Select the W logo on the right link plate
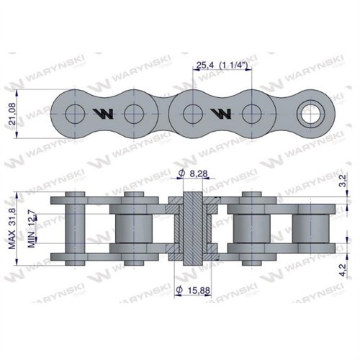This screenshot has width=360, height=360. point(221,113)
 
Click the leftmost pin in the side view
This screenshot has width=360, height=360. point(73,228)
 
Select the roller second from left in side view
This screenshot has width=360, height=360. point(132,228)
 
